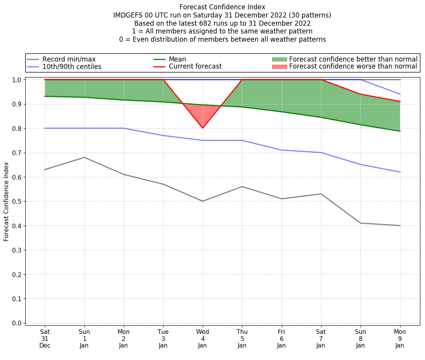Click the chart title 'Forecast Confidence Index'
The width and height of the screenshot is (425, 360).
coord(222,7)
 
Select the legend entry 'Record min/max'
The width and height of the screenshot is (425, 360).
coord(69,59)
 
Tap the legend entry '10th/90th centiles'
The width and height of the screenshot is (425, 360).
coord(72,67)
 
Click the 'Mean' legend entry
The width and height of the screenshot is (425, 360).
coord(177,59)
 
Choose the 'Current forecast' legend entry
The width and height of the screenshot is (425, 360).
coord(195,67)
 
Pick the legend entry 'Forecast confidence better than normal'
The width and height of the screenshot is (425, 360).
coord(353,59)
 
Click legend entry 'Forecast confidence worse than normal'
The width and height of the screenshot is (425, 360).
coord(353,67)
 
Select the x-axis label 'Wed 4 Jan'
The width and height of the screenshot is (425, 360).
coord(202,339)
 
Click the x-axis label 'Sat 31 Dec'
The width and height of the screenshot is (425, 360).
coord(45,339)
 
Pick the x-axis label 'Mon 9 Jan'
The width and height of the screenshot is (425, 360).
coord(400,339)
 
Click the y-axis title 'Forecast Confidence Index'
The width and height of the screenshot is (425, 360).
coord(6,201)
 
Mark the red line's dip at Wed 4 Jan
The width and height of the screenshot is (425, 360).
coord(202,128)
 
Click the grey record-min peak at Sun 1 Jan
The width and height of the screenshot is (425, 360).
coord(84,157)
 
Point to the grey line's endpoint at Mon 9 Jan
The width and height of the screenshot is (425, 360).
coord(400,226)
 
